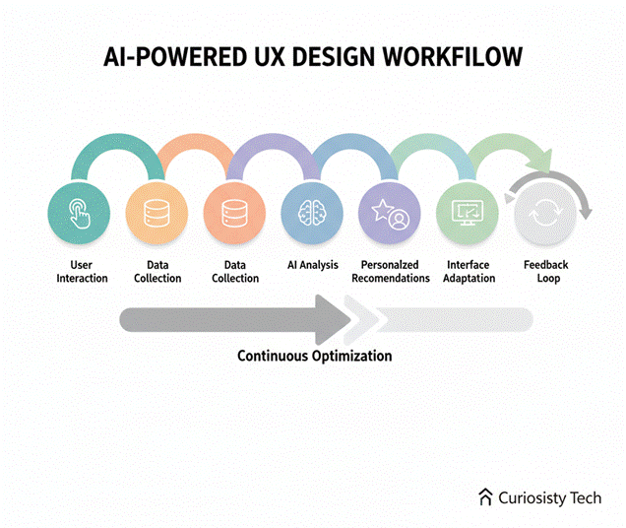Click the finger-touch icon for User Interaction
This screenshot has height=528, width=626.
(76, 213)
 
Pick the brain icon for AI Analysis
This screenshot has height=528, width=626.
(310, 213)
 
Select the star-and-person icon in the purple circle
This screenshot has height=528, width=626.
(388, 213)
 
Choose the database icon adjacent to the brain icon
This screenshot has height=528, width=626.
(233, 213)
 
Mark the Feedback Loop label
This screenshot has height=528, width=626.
(545, 272)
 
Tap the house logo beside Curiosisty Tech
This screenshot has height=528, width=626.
(485, 497)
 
